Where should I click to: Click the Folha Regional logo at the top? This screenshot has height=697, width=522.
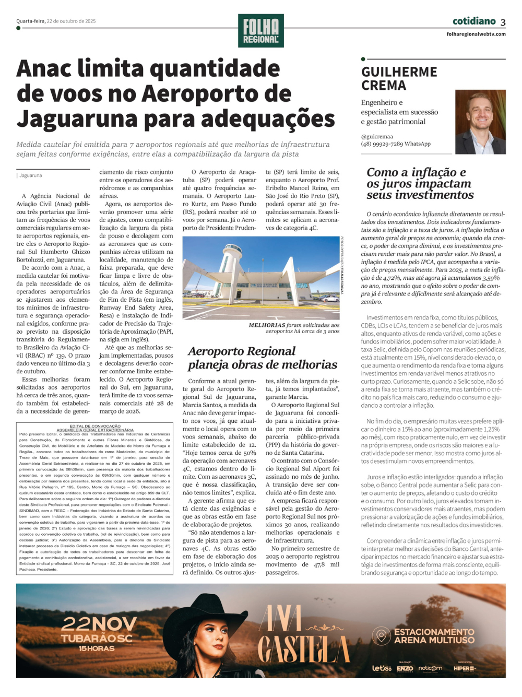[260, 31]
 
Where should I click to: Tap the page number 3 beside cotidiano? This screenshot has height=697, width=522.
[503, 22]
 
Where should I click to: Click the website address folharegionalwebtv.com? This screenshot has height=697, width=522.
[476, 34]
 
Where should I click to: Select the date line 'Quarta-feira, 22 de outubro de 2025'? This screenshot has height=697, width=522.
[56, 21]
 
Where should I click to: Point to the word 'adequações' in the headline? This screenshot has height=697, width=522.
[268, 119]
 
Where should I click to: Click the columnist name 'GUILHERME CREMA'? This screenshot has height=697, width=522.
[399, 78]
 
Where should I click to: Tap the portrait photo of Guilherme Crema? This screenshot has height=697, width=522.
[480, 122]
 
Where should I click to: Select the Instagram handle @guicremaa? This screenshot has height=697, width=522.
[377, 137]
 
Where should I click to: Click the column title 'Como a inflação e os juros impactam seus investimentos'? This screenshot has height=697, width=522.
[420, 183]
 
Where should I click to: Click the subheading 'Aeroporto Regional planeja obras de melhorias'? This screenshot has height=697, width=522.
[262, 358]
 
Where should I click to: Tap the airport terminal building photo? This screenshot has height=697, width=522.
[260, 278]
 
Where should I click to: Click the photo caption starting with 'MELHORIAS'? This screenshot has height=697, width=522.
[294, 328]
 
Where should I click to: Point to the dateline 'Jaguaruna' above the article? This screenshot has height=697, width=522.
[31, 175]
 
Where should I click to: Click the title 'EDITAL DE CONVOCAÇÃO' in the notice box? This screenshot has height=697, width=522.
[95, 426]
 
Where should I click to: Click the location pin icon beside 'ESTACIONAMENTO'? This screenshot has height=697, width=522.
[381, 636]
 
